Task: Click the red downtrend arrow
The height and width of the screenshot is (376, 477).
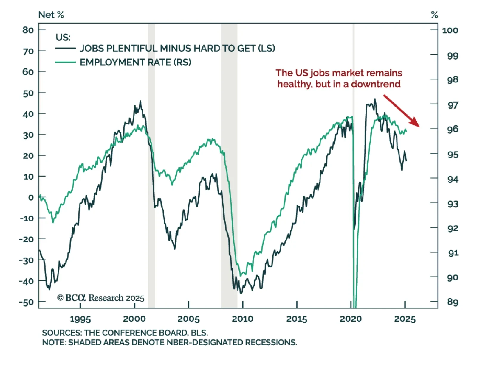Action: pyautogui.click(x=401, y=111)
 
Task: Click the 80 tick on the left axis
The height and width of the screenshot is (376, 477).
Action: pyautogui.click(x=28, y=30)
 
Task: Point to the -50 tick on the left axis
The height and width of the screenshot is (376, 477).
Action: pyautogui.click(x=27, y=302)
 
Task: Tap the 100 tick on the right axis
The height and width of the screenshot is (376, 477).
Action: pyautogui.click(x=450, y=30)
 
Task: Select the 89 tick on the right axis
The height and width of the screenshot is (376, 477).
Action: pyautogui.click(x=453, y=302)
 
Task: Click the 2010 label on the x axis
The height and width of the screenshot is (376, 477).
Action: pyautogui.click(x=242, y=319)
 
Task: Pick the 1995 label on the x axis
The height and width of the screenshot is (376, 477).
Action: pyautogui.click(x=80, y=319)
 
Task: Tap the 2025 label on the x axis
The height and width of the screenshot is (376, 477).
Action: pyautogui.click(x=405, y=319)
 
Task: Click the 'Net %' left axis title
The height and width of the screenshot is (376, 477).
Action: pyautogui.click(x=51, y=15)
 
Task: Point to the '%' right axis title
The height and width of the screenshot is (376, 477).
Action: pyautogui.click(x=434, y=15)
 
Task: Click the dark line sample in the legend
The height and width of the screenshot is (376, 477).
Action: pyautogui.click(x=66, y=48)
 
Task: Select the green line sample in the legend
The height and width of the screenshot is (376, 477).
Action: pyautogui.click(x=66, y=62)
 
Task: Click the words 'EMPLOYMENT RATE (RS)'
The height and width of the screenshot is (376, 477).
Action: pyautogui.click(x=135, y=62)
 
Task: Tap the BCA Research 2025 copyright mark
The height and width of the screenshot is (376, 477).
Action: pyautogui.click(x=100, y=298)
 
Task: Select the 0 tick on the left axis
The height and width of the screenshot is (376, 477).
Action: pyautogui.click(x=31, y=197)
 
